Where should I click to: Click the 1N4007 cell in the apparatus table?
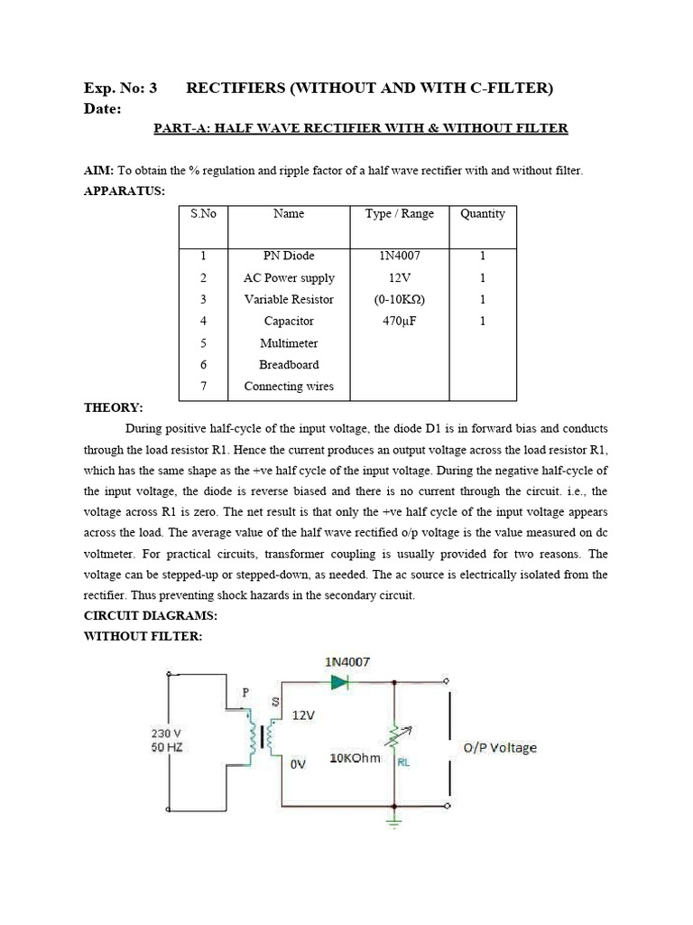pyautogui.click(x=399, y=256)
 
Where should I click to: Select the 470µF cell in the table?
pyautogui.click(x=399, y=321)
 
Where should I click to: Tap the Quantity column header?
pyautogui.click(x=483, y=214)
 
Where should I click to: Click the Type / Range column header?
pyautogui.click(x=399, y=214)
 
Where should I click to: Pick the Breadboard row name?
pyautogui.click(x=289, y=364)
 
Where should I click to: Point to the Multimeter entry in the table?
pyautogui.click(x=289, y=343)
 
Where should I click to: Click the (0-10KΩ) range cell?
pyautogui.click(x=399, y=299)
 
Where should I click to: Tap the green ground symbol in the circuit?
pyautogui.click(x=394, y=819)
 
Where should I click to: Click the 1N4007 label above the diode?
pyautogui.click(x=346, y=661)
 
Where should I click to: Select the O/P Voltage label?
pyautogui.click(x=499, y=747)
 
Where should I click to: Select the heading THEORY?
pyautogui.click(x=113, y=407)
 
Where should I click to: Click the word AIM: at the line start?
pyautogui.click(x=99, y=171)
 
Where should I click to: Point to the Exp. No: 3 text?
pyautogui.click(x=120, y=88)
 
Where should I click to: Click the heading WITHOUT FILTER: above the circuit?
pyautogui.click(x=143, y=636)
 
